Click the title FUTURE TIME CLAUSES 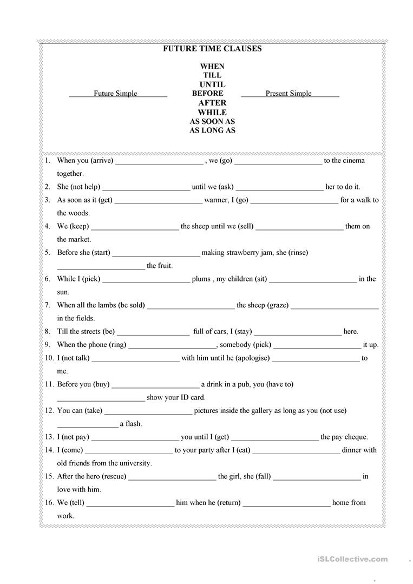tap(212, 49)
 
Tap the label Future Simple tap(115, 94)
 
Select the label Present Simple tap(289, 94)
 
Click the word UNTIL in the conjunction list tap(212, 84)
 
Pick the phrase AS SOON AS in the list tap(212, 121)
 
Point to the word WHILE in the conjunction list tap(212, 112)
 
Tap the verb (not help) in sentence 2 tap(86, 187)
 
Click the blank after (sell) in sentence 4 tap(299, 227)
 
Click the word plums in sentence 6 tap(201, 279)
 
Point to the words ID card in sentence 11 tap(192, 397)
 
